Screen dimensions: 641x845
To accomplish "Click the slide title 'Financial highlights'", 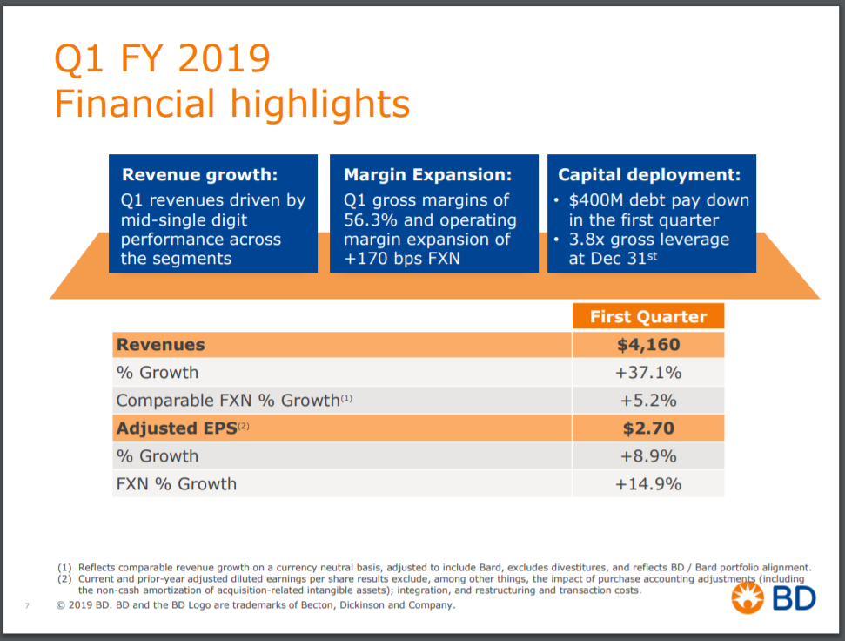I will point(231,105).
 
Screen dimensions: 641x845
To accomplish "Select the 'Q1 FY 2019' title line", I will point(162,60).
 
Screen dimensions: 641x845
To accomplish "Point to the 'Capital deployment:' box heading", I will point(649,175).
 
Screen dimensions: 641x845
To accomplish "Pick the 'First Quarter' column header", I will point(648,316).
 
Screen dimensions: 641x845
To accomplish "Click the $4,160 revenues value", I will point(648,345).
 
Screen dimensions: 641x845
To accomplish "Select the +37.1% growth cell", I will point(648,373).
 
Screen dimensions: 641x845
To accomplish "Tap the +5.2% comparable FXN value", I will point(648,401).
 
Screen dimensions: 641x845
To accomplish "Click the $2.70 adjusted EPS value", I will point(648,428).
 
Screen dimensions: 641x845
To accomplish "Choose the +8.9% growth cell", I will point(648,456).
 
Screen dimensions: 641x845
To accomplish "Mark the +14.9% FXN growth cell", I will point(648,484).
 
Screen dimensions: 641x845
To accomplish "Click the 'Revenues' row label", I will point(161,345).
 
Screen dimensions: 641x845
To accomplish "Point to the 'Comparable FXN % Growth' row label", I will point(228,401).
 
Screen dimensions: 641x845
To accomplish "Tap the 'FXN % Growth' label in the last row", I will point(177,484).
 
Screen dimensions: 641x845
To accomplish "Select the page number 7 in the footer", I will point(27,606).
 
